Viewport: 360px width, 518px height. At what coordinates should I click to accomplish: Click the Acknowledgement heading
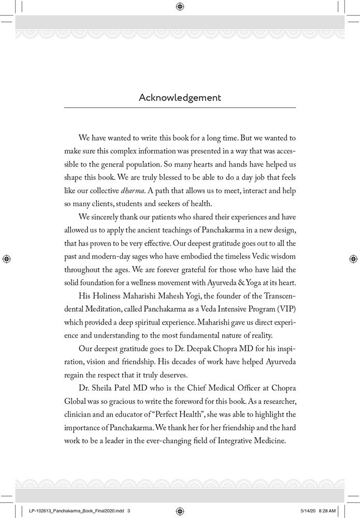(180, 97)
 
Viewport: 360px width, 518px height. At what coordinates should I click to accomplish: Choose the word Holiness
(107, 305)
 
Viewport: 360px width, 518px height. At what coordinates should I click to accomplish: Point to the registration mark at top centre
(180, 6)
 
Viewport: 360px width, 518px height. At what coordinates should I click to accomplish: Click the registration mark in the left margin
(6, 258)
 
